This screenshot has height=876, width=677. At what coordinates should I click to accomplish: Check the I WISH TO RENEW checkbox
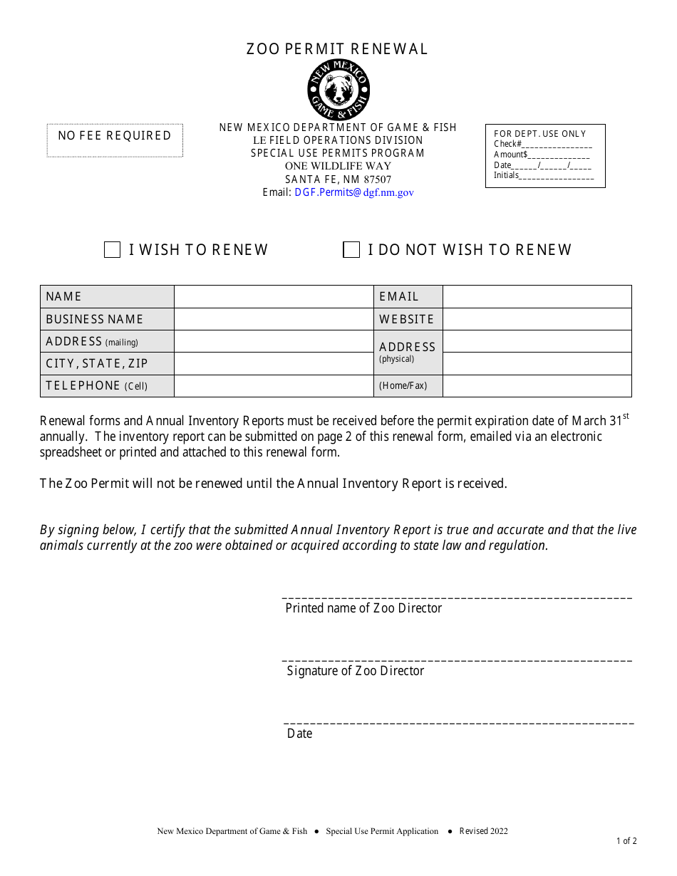[112, 250]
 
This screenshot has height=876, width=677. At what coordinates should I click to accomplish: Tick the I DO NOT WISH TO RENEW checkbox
[351, 250]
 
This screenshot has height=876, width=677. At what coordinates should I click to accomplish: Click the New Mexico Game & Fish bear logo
[338, 90]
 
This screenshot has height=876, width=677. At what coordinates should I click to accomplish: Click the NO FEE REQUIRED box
[115, 140]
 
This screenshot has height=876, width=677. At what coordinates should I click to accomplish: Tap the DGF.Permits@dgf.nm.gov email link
[354, 192]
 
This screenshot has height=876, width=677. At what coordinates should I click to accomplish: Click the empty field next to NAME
[274, 297]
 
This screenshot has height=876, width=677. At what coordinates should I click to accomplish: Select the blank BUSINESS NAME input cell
[274, 319]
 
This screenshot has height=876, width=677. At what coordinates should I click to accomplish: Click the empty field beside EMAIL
[537, 297]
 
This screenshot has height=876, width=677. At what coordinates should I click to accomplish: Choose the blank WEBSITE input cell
[537, 319]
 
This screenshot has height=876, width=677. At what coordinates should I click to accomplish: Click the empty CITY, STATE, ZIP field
[274, 363]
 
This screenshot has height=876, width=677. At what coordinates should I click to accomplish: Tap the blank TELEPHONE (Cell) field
[274, 386]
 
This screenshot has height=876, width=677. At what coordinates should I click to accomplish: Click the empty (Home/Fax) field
[537, 386]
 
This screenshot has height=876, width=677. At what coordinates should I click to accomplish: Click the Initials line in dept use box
[557, 177]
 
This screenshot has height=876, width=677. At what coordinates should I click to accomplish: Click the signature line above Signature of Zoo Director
[458, 660]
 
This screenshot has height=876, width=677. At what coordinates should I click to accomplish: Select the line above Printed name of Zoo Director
[458, 598]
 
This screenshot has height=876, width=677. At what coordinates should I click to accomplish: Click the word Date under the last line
[299, 734]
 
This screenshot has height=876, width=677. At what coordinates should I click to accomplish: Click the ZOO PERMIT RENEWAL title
[338, 49]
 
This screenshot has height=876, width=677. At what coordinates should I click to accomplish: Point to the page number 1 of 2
[626, 841]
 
